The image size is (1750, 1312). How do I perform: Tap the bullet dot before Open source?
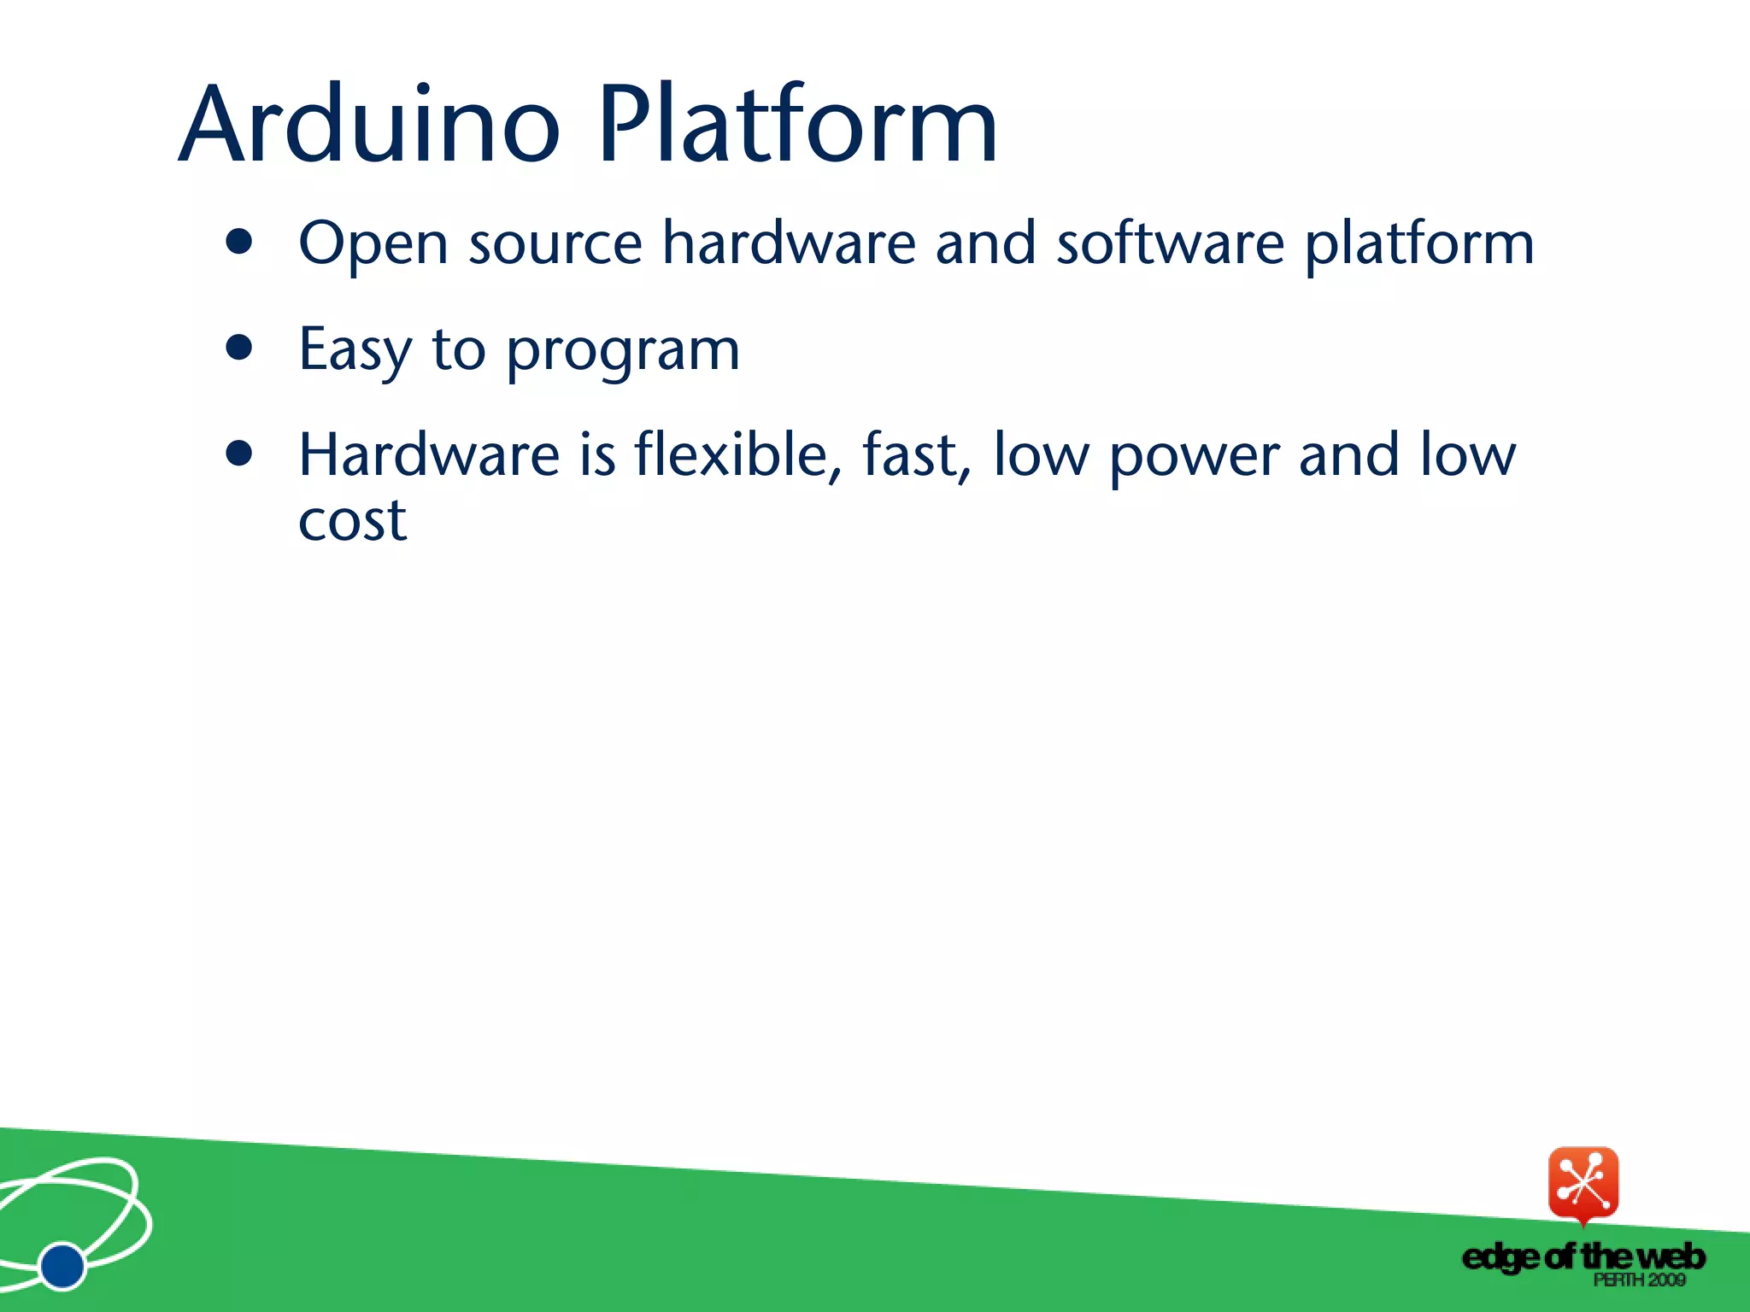click(x=240, y=243)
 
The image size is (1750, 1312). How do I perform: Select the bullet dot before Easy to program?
click(x=240, y=348)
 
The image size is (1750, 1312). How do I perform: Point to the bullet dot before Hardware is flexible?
click(x=240, y=454)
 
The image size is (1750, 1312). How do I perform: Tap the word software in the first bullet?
click(x=1170, y=244)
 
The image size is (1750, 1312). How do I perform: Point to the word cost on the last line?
click(x=352, y=521)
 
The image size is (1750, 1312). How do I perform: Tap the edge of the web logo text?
click(x=1583, y=1256)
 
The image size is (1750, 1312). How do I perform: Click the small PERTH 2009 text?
click(x=1639, y=1280)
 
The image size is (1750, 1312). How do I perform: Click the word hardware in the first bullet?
click(x=789, y=244)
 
